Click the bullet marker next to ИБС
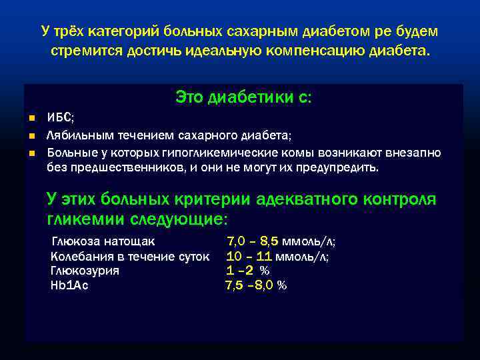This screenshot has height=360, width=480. coord(31,118)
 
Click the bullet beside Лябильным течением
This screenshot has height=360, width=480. coord(31,135)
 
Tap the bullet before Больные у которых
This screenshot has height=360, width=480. coord(31,153)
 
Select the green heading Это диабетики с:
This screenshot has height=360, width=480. coord(243,97)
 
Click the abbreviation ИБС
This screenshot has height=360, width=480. coord(60,118)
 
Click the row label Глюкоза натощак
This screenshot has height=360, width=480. coord(102,241)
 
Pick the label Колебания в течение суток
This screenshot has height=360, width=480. coord(130,256)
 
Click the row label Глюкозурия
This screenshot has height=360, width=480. coord(85,271)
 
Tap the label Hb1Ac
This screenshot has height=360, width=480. coord(69,285)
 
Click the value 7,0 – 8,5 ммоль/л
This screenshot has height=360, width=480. coord(281,241)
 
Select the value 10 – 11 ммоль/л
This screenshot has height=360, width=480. coord(277,256)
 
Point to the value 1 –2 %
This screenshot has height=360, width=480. coord(247,271)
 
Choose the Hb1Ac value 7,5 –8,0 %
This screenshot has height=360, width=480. coord(256,285)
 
